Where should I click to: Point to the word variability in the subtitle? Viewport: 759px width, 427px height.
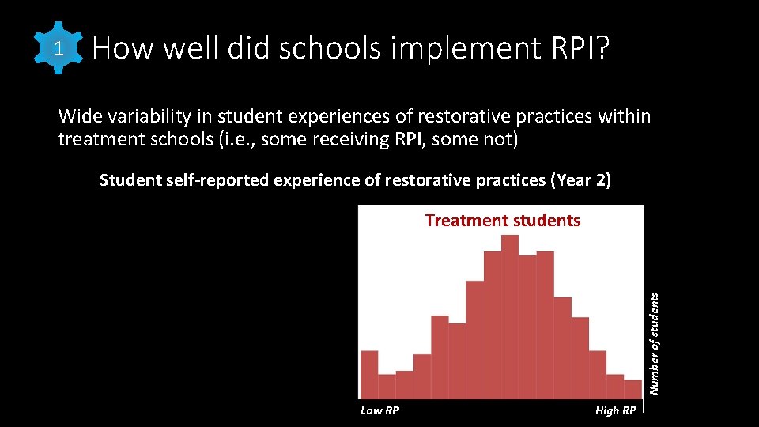click(146, 117)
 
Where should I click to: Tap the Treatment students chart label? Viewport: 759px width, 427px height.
click(502, 221)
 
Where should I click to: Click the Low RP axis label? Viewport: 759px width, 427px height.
click(379, 410)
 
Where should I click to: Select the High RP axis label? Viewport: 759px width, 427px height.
click(615, 410)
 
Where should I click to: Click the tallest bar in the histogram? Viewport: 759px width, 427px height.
click(510, 316)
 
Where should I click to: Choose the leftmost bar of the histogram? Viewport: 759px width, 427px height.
click(369, 374)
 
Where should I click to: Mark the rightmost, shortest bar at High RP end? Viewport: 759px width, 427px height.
click(632, 389)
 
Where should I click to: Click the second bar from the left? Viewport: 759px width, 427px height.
click(387, 386)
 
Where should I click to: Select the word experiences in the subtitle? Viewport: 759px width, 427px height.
click(345, 117)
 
